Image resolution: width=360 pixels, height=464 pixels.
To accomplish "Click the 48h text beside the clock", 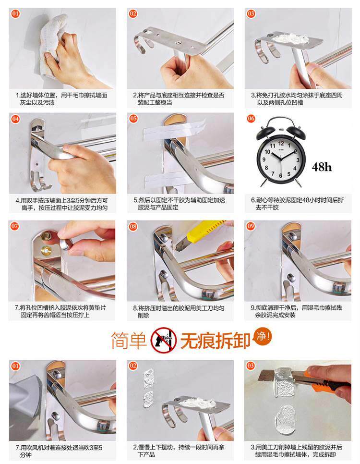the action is pos(322,167).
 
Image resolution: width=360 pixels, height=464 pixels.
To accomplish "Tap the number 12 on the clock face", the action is pos(281,144).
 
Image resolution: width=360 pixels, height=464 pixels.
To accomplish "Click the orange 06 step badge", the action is pos(251,119).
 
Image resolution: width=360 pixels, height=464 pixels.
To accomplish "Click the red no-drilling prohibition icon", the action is pos(164,340).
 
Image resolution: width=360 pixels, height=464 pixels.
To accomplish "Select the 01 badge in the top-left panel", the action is pos(15,13).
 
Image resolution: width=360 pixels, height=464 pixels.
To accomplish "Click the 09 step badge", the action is pos(251,226).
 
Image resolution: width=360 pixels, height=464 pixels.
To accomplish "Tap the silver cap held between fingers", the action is pos(66,244).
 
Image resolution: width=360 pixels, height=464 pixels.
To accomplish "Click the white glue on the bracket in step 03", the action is pos(289,38).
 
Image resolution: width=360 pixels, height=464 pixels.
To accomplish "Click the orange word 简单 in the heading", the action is pos(129,340).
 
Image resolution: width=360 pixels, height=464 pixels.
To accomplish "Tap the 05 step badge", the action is pos(133,119).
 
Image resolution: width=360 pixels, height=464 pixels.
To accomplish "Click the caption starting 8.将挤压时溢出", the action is pos(179,312).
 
